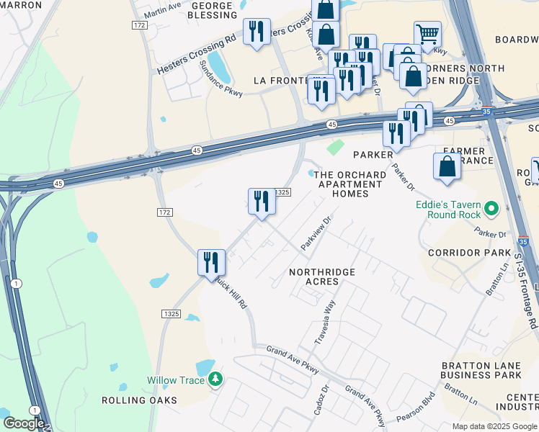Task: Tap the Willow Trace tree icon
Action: coord(215,379)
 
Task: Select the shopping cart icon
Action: coord(427,33)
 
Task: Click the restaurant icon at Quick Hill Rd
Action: coord(212,261)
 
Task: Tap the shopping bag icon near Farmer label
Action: coord(447,166)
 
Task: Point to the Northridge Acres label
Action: coord(322,276)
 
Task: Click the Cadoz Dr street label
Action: coord(321,397)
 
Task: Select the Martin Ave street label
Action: coord(162,9)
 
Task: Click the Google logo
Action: coord(23,423)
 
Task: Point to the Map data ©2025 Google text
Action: coord(494,426)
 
